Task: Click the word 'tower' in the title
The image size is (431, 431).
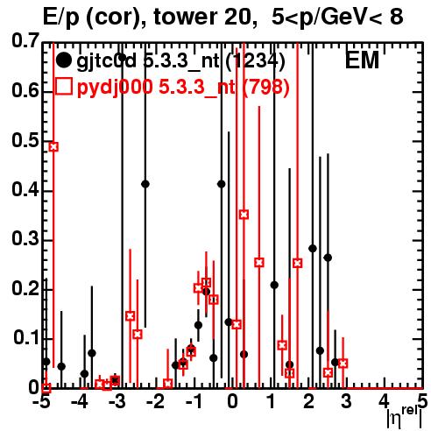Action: pos(184,17)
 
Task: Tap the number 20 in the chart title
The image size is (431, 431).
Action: pos(237,17)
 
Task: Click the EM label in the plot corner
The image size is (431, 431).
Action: pos(362,60)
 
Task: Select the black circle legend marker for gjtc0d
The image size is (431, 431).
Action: pos(63,60)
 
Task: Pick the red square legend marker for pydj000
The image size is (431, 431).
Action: pos(64,86)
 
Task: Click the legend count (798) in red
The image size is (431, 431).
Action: pos(266,87)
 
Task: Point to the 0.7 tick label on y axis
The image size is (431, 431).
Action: pos(25,41)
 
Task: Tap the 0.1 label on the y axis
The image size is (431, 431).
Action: pos(26,337)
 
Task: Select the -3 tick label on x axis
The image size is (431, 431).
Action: pos(117,401)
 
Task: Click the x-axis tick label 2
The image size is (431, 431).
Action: pos(308,401)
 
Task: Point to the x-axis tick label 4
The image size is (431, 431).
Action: pos(384,401)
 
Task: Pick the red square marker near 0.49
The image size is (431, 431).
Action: pos(53,146)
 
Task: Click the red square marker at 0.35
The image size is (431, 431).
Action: pos(244,215)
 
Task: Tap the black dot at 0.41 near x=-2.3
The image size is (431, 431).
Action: pos(145,184)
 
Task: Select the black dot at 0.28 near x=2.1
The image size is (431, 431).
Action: pos(313,249)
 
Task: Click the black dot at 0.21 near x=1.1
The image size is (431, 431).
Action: pos(274,285)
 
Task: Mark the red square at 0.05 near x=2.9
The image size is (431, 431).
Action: pos(343,364)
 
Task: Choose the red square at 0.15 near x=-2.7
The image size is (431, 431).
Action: pos(131,315)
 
